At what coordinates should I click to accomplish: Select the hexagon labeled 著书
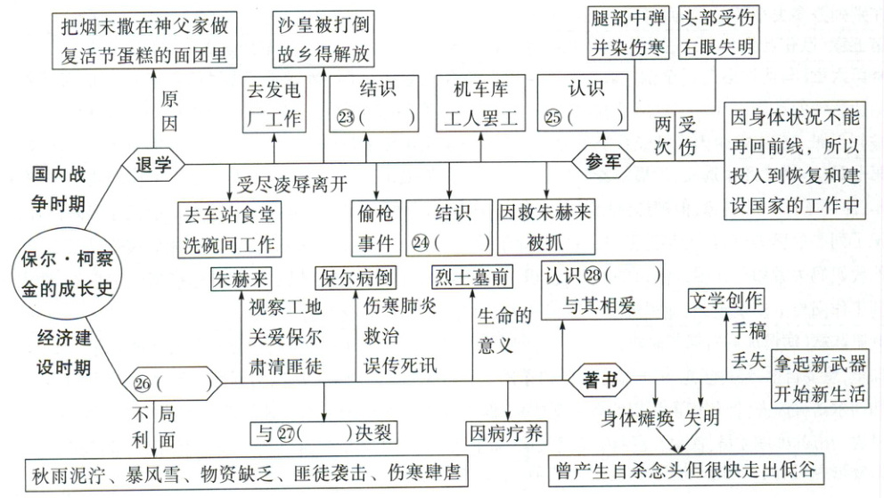(x=599, y=381)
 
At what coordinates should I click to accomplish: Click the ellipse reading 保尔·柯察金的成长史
(x=60, y=273)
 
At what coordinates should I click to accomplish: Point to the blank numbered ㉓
(x=375, y=116)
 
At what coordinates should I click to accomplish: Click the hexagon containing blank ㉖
(x=172, y=384)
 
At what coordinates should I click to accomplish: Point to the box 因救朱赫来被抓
(x=545, y=228)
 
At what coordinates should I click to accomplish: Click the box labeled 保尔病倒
(x=354, y=276)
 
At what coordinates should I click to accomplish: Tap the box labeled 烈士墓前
(x=471, y=276)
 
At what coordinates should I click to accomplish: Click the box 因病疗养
(x=507, y=434)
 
